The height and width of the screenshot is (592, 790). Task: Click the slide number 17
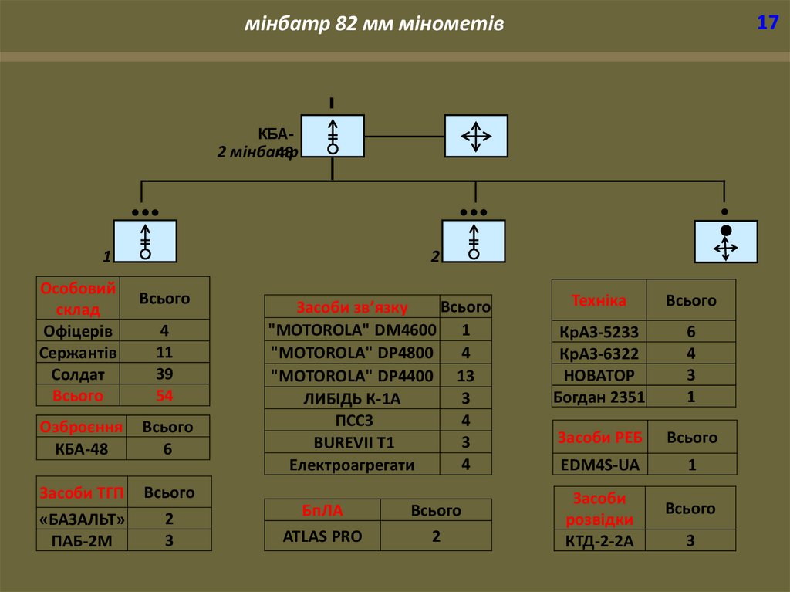[x=767, y=23]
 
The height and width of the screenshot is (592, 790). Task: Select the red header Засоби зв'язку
[x=352, y=307]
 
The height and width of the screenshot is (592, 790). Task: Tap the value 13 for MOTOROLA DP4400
[x=465, y=376]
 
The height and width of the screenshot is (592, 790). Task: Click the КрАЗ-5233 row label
[x=599, y=332]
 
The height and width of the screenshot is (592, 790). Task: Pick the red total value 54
[x=164, y=395]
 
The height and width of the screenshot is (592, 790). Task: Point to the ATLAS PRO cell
[x=322, y=536]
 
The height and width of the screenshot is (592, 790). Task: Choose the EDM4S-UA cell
[x=599, y=465]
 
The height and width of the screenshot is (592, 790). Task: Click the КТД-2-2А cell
[x=599, y=540]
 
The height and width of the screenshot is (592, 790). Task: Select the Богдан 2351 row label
[x=599, y=397]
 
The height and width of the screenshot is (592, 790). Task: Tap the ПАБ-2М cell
[x=81, y=540]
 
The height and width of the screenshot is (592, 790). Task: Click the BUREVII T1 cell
[x=352, y=443]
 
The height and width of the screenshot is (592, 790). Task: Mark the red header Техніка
[x=599, y=300]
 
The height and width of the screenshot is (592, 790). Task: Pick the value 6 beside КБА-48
[x=167, y=449]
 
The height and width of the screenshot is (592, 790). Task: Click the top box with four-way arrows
[x=476, y=137]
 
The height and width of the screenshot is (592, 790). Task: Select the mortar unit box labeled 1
[x=145, y=241]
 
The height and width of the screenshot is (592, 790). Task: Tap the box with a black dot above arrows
[x=725, y=242]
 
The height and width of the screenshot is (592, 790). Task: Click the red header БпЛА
[x=322, y=510]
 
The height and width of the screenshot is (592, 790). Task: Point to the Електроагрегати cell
[x=352, y=465]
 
